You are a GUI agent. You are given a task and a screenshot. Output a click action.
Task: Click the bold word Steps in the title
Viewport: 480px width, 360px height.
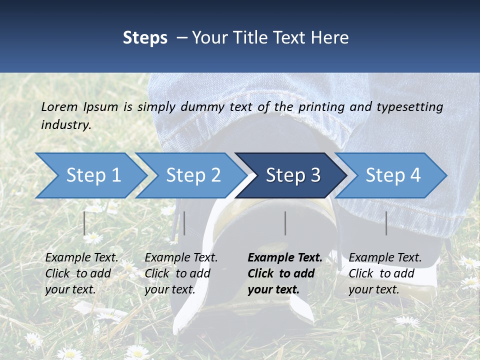pyautogui.click(x=145, y=38)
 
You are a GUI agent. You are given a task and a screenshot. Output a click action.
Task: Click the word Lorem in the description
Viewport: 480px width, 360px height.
pyautogui.click(x=59, y=106)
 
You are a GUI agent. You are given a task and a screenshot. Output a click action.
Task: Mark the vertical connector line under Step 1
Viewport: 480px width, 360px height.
pyautogui.click(x=85, y=223)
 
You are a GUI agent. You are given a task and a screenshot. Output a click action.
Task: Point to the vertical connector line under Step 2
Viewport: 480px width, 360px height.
pyautogui.click(x=184, y=223)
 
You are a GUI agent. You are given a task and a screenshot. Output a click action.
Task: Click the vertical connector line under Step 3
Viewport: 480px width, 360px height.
pyautogui.click(x=285, y=223)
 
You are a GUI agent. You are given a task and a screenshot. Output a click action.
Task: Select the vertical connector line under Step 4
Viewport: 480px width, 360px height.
pyautogui.click(x=386, y=223)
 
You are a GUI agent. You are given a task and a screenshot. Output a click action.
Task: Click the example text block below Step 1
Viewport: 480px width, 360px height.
pyautogui.click(x=81, y=273)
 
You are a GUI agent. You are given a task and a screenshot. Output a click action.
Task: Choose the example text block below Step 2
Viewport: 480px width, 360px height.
pyautogui.click(x=181, y=273)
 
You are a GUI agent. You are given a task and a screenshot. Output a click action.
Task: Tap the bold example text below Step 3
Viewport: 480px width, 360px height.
pyautogui.click(x=285, y=273)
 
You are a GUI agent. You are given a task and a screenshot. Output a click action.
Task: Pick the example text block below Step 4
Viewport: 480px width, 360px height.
pyautogui.click(x=385, y=273)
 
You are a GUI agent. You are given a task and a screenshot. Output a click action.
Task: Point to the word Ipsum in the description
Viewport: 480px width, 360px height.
pyautogui.click(x=100, y=106)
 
